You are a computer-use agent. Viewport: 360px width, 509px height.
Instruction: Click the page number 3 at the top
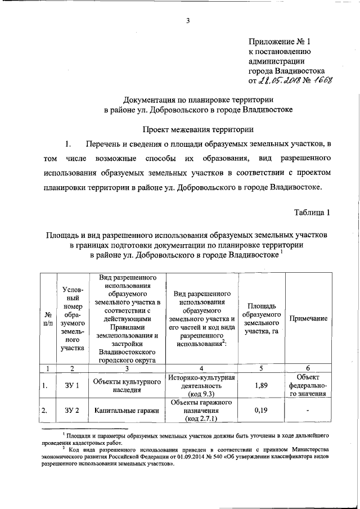point(188,21)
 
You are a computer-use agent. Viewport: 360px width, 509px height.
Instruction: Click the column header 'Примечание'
point(309,319)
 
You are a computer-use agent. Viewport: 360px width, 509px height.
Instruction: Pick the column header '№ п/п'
point(48,319)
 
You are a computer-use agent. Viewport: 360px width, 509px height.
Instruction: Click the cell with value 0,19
point(260,411)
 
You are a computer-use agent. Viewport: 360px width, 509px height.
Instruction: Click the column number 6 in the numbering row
point(309,368)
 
